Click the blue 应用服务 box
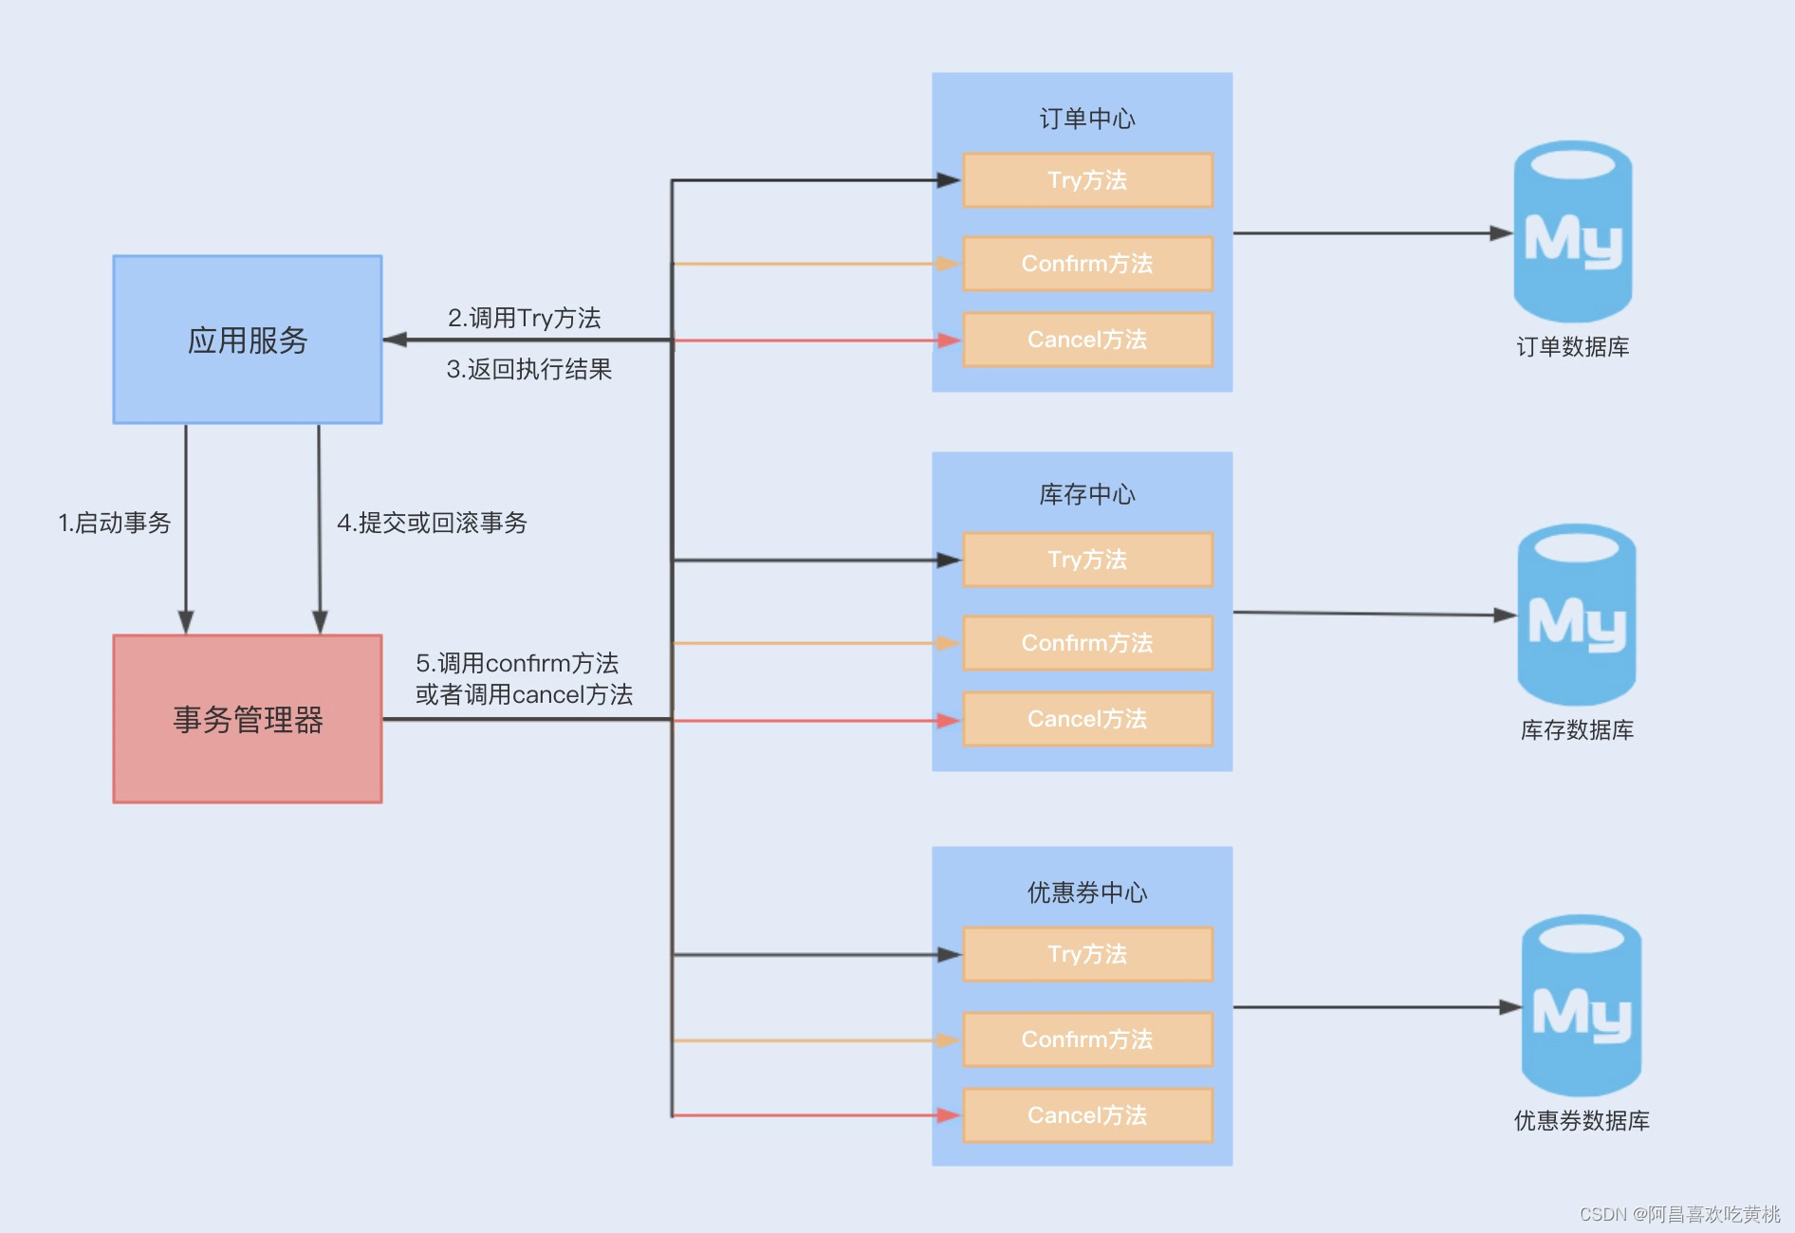(248, 340)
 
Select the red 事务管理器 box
(248, 719)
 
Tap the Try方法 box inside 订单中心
(1087, 180)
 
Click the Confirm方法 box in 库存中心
(1087, 643)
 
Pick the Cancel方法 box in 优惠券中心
(1087, 1115)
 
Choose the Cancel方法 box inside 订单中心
(1087, 340)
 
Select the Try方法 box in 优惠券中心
(1087, 954)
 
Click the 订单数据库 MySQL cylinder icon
(1572, 232)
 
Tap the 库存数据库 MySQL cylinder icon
(1576, 616)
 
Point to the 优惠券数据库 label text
(1582, 1121)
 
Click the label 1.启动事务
(115, 523)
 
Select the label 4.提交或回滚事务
(432, 523)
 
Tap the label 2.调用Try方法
(525, 318)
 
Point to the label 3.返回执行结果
(529, 369)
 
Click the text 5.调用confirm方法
(518, 663)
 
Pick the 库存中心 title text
(1087, 494)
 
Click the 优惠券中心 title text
(1087, 893)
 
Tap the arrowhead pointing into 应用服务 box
(395, 340)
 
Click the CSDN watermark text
(1679, 1214)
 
